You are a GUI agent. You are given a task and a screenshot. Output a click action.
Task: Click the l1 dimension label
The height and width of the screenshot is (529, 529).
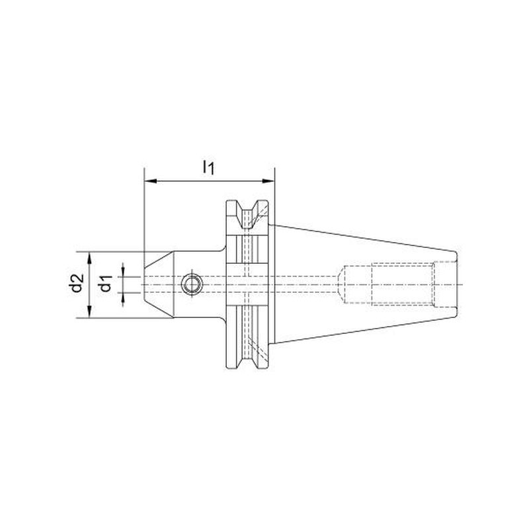click(208, 168)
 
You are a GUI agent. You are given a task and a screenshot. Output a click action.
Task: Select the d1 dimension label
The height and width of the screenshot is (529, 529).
click(106, 283)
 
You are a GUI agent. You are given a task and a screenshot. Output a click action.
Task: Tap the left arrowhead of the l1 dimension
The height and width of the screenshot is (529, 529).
click(151, 181)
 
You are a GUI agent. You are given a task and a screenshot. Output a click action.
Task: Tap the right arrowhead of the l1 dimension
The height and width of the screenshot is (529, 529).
click(268, 181)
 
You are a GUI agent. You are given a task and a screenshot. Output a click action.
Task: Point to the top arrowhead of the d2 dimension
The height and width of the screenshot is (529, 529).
click(89, 258)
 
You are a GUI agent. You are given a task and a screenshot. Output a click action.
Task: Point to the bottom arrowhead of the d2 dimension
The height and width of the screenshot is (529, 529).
click(89, 311)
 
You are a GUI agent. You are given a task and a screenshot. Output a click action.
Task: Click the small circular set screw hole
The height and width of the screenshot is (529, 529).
click(192, 285)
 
